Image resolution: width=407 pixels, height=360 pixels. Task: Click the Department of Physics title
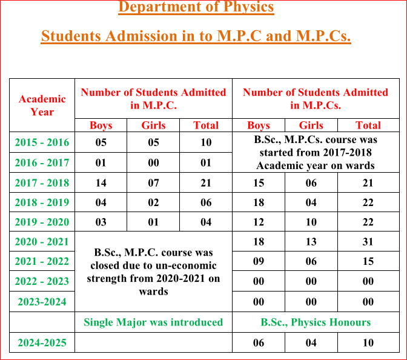tap(196, 8)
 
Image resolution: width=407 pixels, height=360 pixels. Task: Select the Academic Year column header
tap(42, 105)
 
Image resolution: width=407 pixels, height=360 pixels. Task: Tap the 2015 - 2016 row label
tap(42, 143)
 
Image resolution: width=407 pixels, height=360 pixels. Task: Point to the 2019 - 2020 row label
tap(42, 222)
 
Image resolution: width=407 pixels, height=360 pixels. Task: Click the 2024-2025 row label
tap(42, 342)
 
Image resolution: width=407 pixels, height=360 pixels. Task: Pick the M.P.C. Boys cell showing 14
tap(101, 183)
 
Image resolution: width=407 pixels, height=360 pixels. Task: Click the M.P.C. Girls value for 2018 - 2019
tap(153, 202)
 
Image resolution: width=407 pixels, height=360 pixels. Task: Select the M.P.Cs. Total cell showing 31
tap(368, 242)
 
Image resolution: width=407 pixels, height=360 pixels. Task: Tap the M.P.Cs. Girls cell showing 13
tap(311, 242)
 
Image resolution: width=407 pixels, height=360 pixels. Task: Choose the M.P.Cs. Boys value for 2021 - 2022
tap(259, 261)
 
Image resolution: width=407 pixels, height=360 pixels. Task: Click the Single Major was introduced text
tap(153, 322)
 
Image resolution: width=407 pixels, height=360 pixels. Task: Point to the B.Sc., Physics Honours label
tap(316, 322)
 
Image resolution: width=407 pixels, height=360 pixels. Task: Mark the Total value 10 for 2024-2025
tap(368, 342)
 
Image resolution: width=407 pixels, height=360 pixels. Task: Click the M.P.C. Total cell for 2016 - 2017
tap(206, 162)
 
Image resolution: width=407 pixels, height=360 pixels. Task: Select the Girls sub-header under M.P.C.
tap(153, 125)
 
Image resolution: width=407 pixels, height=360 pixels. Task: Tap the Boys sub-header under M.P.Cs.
tap(259, 125)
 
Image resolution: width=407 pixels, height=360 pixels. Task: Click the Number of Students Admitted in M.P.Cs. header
tap(316, 99)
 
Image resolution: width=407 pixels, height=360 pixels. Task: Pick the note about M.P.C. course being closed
tap(153, 272)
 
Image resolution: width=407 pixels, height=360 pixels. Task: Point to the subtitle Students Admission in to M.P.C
tap(196, 36)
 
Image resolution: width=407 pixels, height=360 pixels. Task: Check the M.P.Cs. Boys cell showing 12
tap(259, 222)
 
